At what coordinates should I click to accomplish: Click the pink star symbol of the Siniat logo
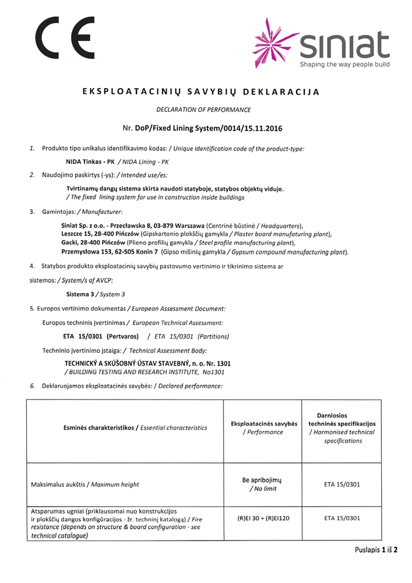(275, 43)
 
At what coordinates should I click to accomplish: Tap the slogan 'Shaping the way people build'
(344, 65)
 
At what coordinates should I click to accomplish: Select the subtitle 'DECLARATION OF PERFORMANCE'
(203, 109)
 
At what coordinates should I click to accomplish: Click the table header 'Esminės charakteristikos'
(98, 427)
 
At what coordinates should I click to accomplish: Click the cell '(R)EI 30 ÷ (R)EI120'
(264, 518)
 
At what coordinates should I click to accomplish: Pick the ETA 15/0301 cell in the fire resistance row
(341, 518)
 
